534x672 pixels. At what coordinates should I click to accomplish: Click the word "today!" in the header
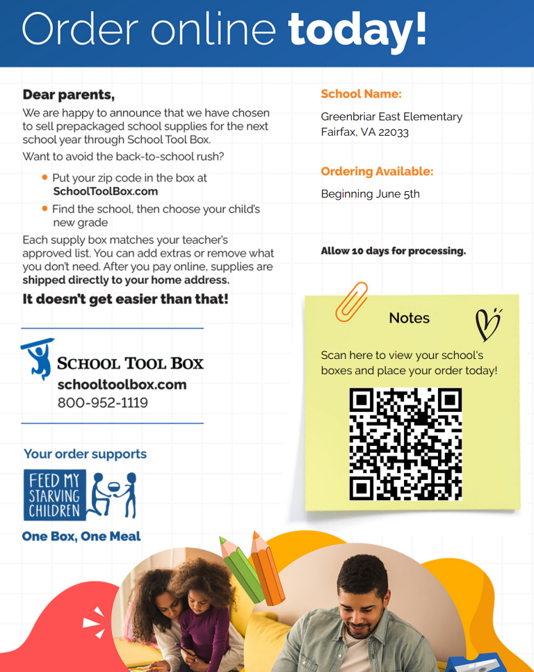357,30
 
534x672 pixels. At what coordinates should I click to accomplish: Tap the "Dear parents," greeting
68,95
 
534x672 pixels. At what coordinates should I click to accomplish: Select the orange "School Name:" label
361,94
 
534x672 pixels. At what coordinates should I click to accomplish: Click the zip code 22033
394,132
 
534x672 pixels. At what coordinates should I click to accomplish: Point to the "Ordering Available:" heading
377,171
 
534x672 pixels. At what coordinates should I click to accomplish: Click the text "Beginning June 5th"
370,194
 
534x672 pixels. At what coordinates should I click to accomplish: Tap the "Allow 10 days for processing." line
393,251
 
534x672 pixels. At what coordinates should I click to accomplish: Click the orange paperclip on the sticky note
351,302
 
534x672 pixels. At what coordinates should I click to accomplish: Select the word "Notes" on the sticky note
409,318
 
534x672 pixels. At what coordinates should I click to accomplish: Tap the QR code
405,444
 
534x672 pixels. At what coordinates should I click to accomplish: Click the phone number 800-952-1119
102,403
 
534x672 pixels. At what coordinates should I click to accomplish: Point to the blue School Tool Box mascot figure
38,358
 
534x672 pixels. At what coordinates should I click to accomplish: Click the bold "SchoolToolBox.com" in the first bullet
106,191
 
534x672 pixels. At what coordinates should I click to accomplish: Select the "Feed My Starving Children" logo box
55,495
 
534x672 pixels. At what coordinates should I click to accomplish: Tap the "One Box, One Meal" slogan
81,536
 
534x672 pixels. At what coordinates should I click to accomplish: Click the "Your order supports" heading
85,454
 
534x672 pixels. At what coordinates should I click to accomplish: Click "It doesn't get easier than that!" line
125,300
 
